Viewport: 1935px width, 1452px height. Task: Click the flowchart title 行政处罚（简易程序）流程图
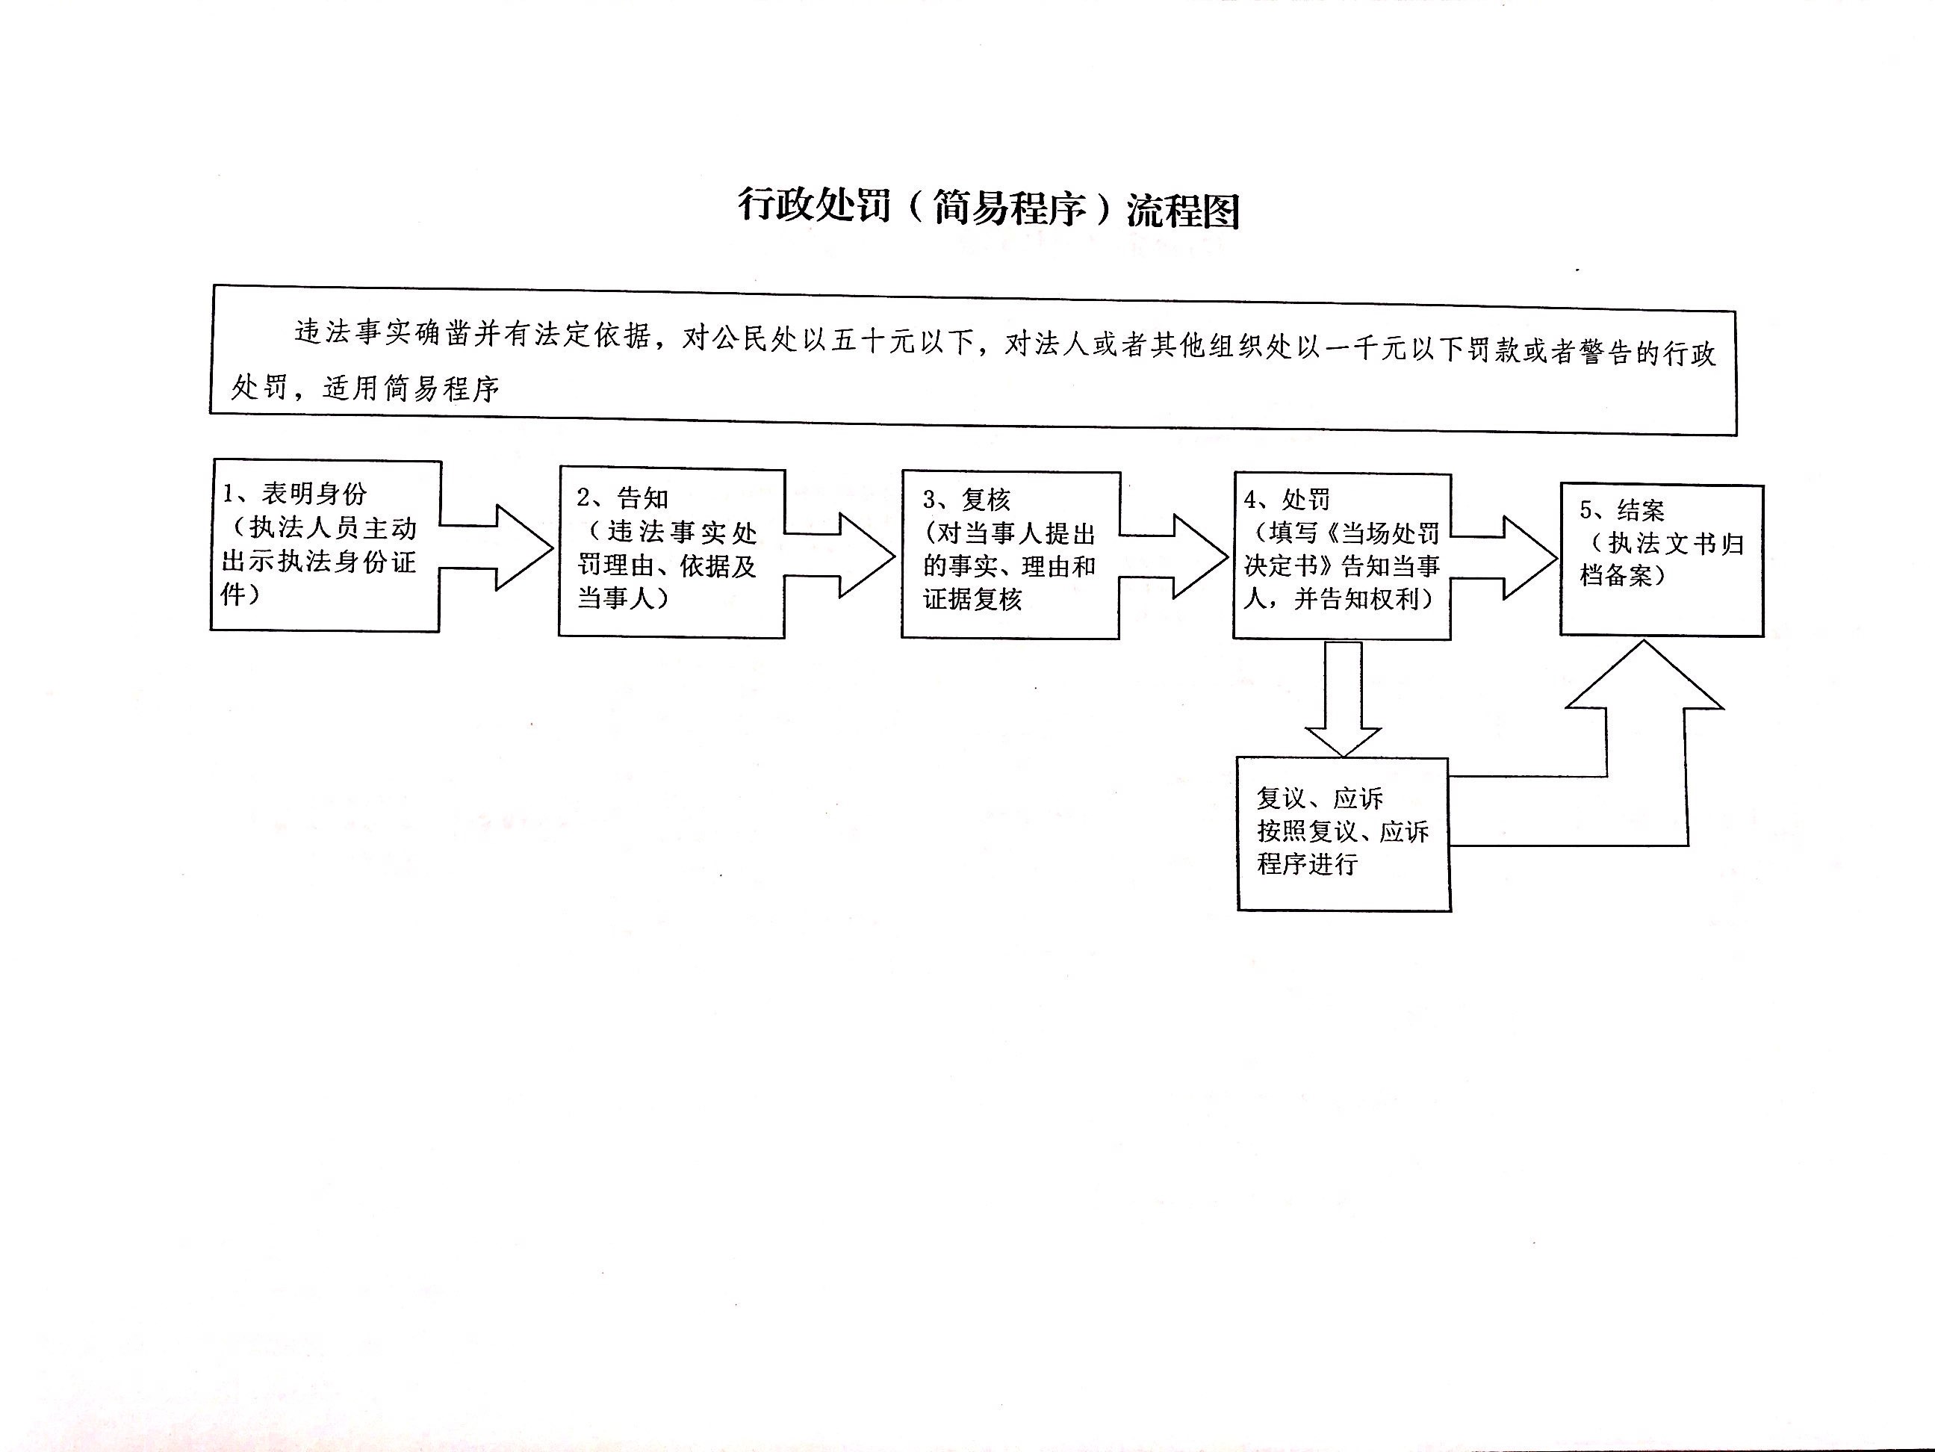tap(989, 209)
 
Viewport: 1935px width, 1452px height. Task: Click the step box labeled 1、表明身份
tap(326, 546)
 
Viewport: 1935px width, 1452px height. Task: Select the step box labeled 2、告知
tap(672, 552)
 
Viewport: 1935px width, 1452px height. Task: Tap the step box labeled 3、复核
tap(1010, 556)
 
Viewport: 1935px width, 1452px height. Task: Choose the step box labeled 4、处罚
tap(1342, 556)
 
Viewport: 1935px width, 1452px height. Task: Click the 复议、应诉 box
tap(1344, 834)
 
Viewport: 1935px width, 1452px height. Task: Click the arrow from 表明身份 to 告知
tap(497, 547)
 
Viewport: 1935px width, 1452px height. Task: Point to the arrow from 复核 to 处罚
tap(1174, 556)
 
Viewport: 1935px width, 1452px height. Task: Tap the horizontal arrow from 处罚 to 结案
tap(1505, 558)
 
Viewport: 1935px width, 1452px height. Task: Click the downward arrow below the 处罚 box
tap(1343, 698)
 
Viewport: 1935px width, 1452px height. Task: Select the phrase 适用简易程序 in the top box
tap(411, 388)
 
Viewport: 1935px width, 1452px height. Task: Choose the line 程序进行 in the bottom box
tap(1307, 864)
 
